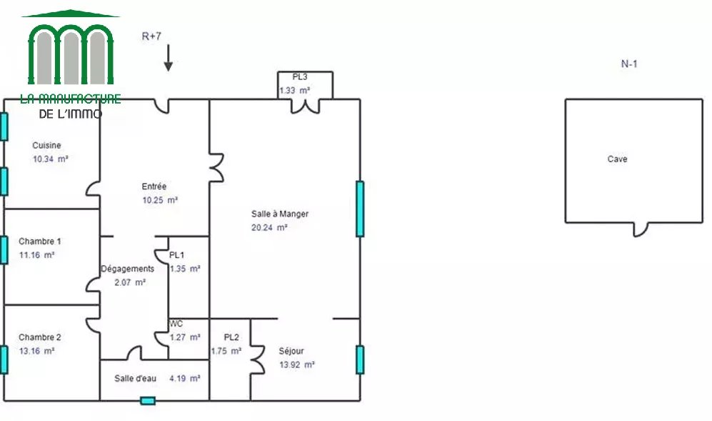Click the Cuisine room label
pos(46,146)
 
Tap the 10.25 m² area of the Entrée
pos(160,200)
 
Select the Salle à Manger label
pos(280,214)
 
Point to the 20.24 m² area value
pos(269,227)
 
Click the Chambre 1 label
pos(39,242)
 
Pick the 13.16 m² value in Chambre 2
pos(37,351)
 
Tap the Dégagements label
pos(128,269)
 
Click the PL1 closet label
pos(176,255)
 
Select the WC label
pos(176,324)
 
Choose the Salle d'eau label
pos(135,378)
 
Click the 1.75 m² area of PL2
pos(226,351)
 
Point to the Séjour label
pos(291,351)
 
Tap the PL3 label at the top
pos(300,76)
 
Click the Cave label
pos(618,159)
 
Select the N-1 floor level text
pos(629,64)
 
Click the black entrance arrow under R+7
pos(169,58)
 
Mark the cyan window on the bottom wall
pos(148,401)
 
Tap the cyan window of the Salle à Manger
pos(360,209)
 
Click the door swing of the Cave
pos(641,230)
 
